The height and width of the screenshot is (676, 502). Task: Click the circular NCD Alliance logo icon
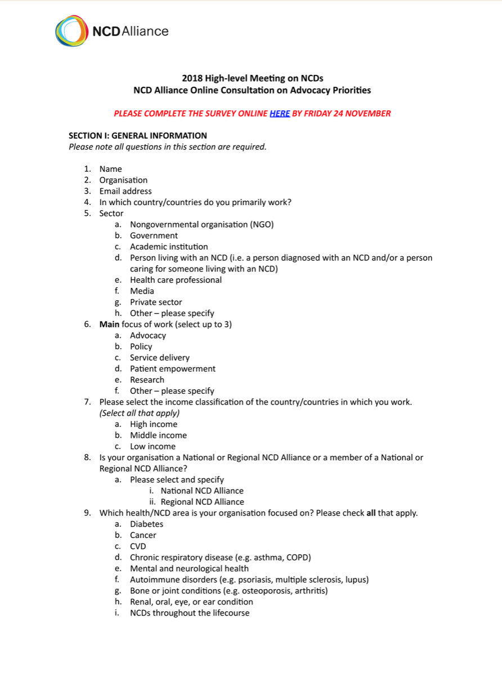point(72,31)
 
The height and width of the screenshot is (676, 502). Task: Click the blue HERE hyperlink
point(280,113)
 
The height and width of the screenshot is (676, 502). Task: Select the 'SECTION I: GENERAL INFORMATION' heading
point(138,136)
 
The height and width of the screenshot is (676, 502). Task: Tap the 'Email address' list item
point(125,191)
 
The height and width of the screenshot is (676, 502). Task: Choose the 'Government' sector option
point(154,235)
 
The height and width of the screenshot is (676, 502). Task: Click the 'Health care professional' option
point(176,280)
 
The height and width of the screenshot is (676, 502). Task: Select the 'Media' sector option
point(142,291)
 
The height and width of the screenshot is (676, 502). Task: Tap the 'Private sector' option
point(156,302)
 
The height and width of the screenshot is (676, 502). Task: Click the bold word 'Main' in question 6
point(109,324)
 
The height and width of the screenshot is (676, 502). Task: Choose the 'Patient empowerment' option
point(173,368)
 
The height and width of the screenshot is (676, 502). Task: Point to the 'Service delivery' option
point(160,358)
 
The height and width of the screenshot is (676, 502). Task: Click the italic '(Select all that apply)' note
point(140,413)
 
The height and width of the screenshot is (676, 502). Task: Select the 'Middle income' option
point(158,435)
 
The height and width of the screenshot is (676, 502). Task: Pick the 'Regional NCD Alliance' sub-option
point(203,502)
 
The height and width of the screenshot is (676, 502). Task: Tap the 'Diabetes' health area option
point(146,524)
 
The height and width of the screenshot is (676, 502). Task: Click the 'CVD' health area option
point(138,546)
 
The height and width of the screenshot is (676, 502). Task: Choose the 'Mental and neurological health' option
point(189,568)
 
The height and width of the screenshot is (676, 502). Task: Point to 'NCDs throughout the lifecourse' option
point(190,613)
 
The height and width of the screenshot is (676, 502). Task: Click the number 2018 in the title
point(192,78)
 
